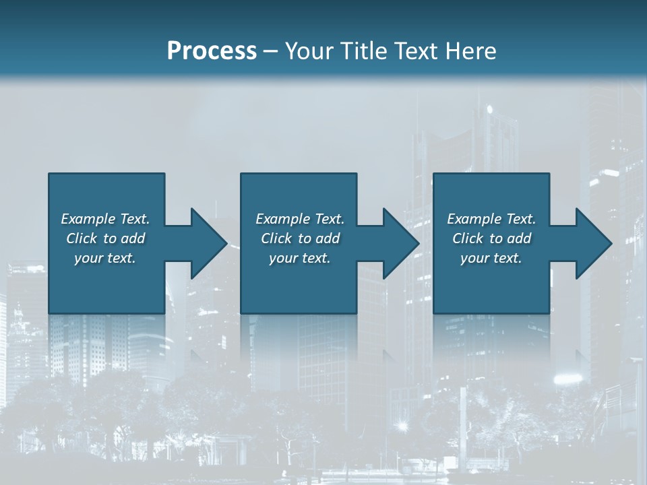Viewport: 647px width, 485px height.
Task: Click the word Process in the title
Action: click(212, 51)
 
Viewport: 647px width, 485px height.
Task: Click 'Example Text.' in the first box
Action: click(105, 219)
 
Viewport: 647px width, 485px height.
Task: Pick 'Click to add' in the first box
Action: click(105, 238)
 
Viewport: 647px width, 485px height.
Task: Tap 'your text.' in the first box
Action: click(105, 258)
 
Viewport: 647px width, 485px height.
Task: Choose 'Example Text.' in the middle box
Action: click(300, 219)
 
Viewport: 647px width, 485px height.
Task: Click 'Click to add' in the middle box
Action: click(300, 238)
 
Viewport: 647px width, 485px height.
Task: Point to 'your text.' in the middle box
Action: click(300, 258)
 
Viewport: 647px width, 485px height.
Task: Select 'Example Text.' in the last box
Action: click(491, 219)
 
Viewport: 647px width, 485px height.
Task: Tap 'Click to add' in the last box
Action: click(491, 238)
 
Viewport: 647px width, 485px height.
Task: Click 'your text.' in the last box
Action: click(491, 258)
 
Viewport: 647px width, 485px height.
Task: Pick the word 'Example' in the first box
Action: click(88, 219)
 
